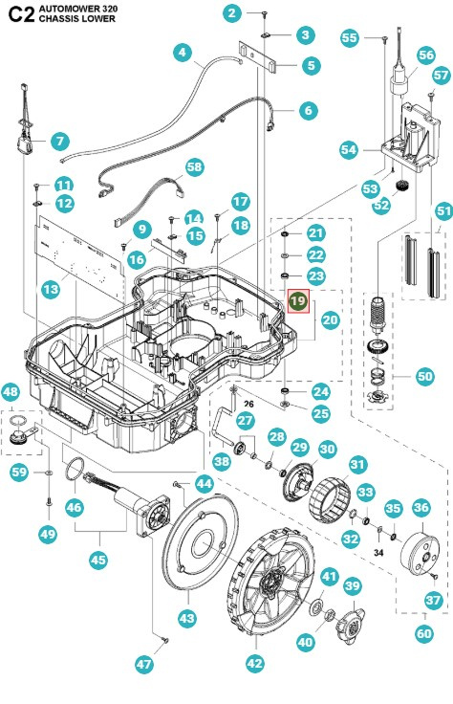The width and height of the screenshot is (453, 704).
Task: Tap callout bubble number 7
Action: [x=59, y=142]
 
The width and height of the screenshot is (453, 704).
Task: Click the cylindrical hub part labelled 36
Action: [x=420, y=549]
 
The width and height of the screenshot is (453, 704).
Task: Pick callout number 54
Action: [x=349, y=150]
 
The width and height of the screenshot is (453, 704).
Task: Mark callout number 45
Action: [x=97, y=561]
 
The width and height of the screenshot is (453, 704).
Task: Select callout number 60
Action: [x=423, y=632]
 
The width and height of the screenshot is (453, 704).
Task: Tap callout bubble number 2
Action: [x=232, y=12]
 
